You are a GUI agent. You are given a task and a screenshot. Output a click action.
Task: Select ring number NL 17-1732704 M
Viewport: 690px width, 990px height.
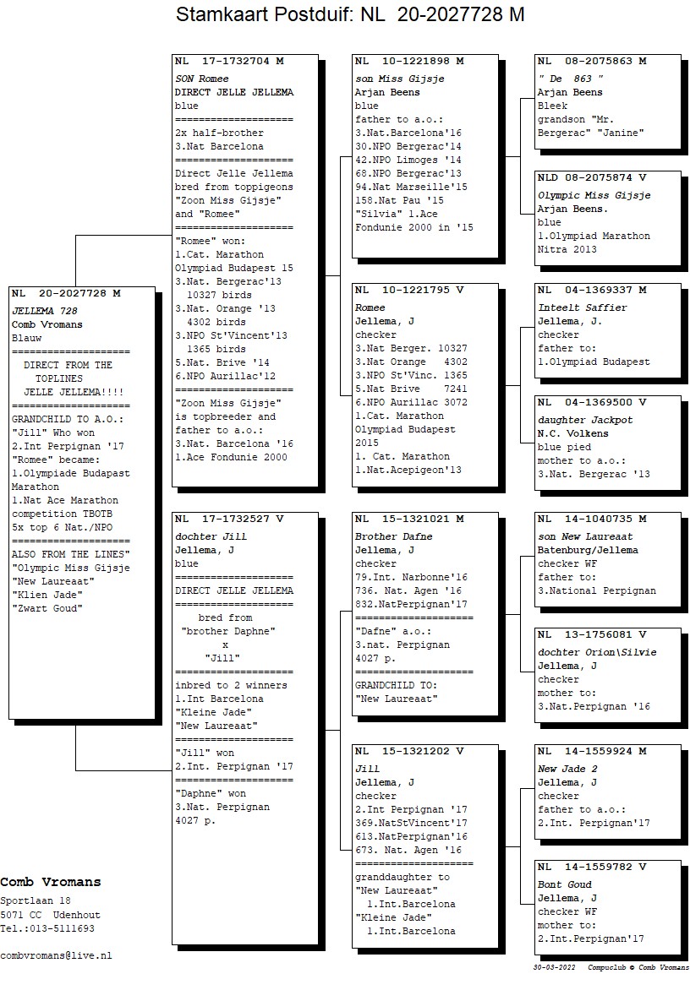pyautogui.click(x=229, y=62)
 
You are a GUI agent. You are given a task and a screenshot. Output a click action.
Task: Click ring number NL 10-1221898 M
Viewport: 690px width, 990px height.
pyautogui.click(x=409, y=62)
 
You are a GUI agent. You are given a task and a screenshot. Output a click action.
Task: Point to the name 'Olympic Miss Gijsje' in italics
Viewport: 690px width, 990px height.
pyautogui.click(x=594, y=195)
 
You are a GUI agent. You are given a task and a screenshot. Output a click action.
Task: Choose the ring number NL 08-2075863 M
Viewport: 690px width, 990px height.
pyautogui.click(x=592, y=62)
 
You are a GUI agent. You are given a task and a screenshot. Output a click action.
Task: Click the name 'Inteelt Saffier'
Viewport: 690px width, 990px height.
pyautogui.click(x=583, y=307)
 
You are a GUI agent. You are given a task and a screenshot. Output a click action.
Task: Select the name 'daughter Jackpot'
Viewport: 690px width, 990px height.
pyautogui.click(x=585, y=420)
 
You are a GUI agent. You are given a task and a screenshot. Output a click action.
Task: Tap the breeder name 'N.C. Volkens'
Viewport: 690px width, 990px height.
pyautogui.click(x=573, y=433)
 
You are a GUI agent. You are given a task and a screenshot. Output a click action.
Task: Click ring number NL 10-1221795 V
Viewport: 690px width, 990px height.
pyautogui.click(x=409, y=290)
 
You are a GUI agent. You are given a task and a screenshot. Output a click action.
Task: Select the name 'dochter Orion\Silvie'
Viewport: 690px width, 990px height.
pyautogui.click(x=597, y=652)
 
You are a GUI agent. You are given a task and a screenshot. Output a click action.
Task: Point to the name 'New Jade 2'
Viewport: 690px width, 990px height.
pyautogui.click(x=567, y=769)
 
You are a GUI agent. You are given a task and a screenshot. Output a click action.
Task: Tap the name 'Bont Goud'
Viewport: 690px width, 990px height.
pyautogui.click(x=565, y=884)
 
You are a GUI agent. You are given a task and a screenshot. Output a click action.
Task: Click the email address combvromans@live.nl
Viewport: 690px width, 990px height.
pyautogui.click(x=56, y=955)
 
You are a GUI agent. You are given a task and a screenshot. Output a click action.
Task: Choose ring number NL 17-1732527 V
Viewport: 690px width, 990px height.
pyautogui.click(x=229, y=519)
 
